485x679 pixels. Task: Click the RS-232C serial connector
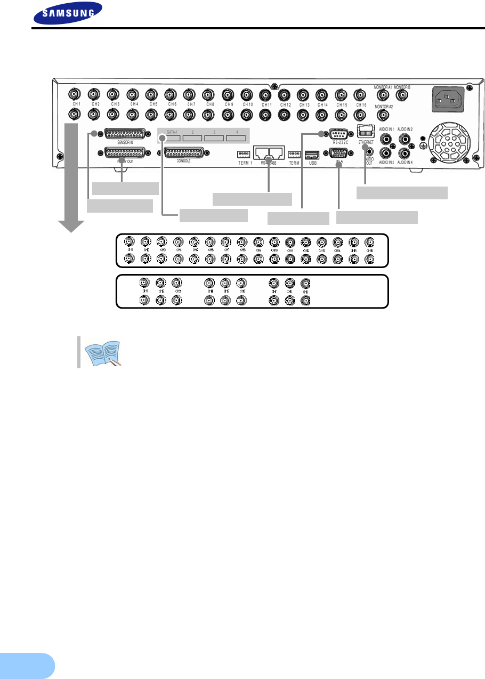(339, 134)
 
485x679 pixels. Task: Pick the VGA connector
(339, 155)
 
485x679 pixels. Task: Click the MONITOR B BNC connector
(402, 95)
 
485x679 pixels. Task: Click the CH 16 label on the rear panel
(361, 105)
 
